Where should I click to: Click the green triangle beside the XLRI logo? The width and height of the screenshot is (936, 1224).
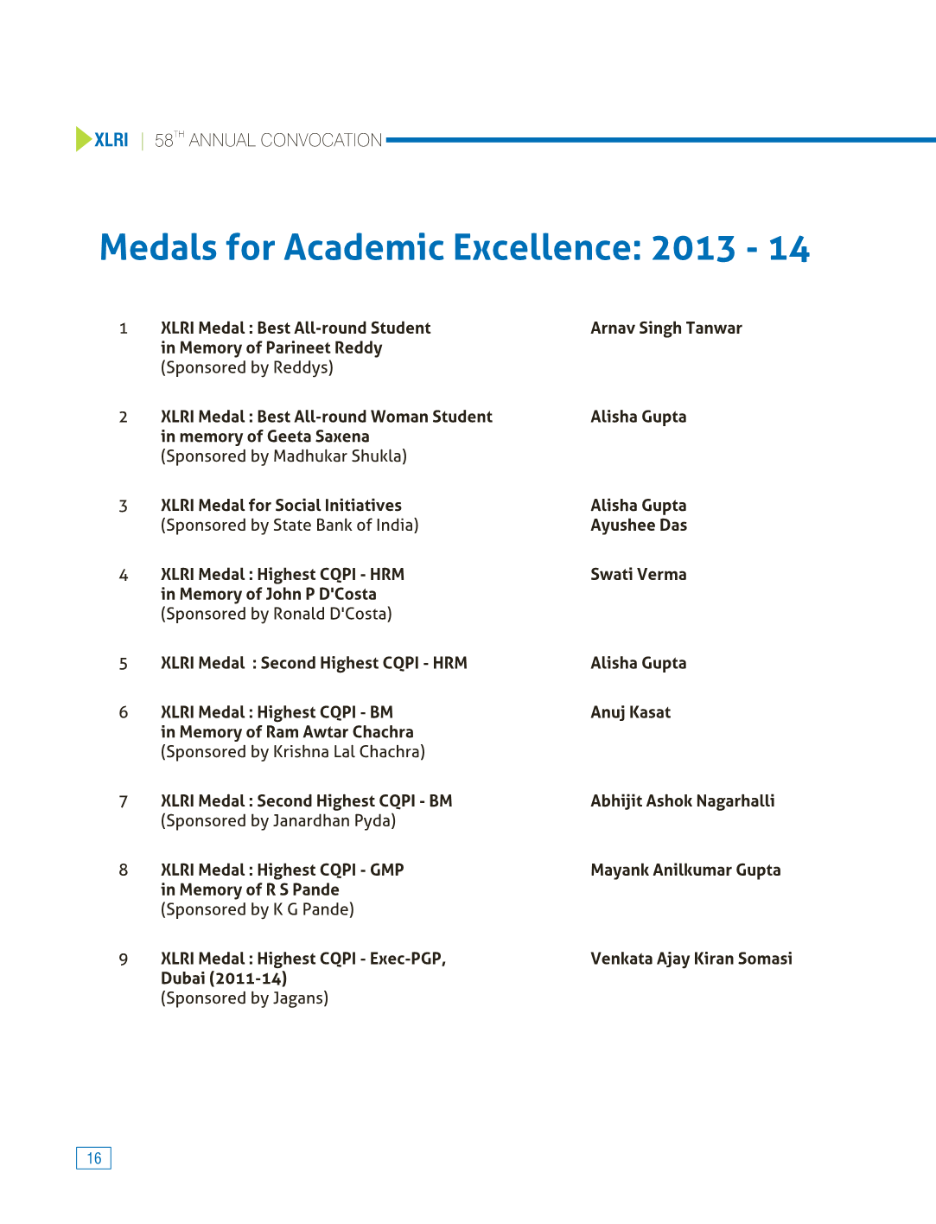pos(83,139)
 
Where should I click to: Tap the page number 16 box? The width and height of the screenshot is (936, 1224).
pos(93,1158)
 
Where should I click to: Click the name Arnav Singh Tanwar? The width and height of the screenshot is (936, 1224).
pos(665,328)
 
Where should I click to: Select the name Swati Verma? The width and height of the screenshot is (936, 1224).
pos(638,575)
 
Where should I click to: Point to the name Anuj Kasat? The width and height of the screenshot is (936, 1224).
pos(630,712)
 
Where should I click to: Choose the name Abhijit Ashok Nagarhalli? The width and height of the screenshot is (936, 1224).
pos(682,801)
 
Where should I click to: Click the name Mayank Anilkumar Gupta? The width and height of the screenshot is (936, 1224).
pos(685,870)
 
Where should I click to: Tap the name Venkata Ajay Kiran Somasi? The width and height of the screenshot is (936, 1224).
pos(691,959)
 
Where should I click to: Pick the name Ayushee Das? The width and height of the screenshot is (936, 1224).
pos(638,526)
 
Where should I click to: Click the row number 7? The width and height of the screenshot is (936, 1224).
pos(124,802)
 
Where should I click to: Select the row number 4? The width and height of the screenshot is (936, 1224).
pos(124,576)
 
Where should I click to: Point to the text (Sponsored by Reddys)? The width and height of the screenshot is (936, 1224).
pos(247,368)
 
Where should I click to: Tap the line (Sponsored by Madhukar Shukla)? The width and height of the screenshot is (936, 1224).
pos(283,456)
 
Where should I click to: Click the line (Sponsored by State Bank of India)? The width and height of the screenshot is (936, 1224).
pos(290,526)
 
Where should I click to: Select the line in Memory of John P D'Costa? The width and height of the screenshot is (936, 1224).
pos(268,595)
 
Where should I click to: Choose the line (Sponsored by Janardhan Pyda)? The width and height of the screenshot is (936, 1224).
pos(278,821)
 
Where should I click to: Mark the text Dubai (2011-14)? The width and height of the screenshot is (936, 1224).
pos(224,979)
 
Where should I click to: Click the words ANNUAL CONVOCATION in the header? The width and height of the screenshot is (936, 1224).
pos(285,140)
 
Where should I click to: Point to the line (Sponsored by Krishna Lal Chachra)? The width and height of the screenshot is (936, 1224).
pos(293,752)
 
